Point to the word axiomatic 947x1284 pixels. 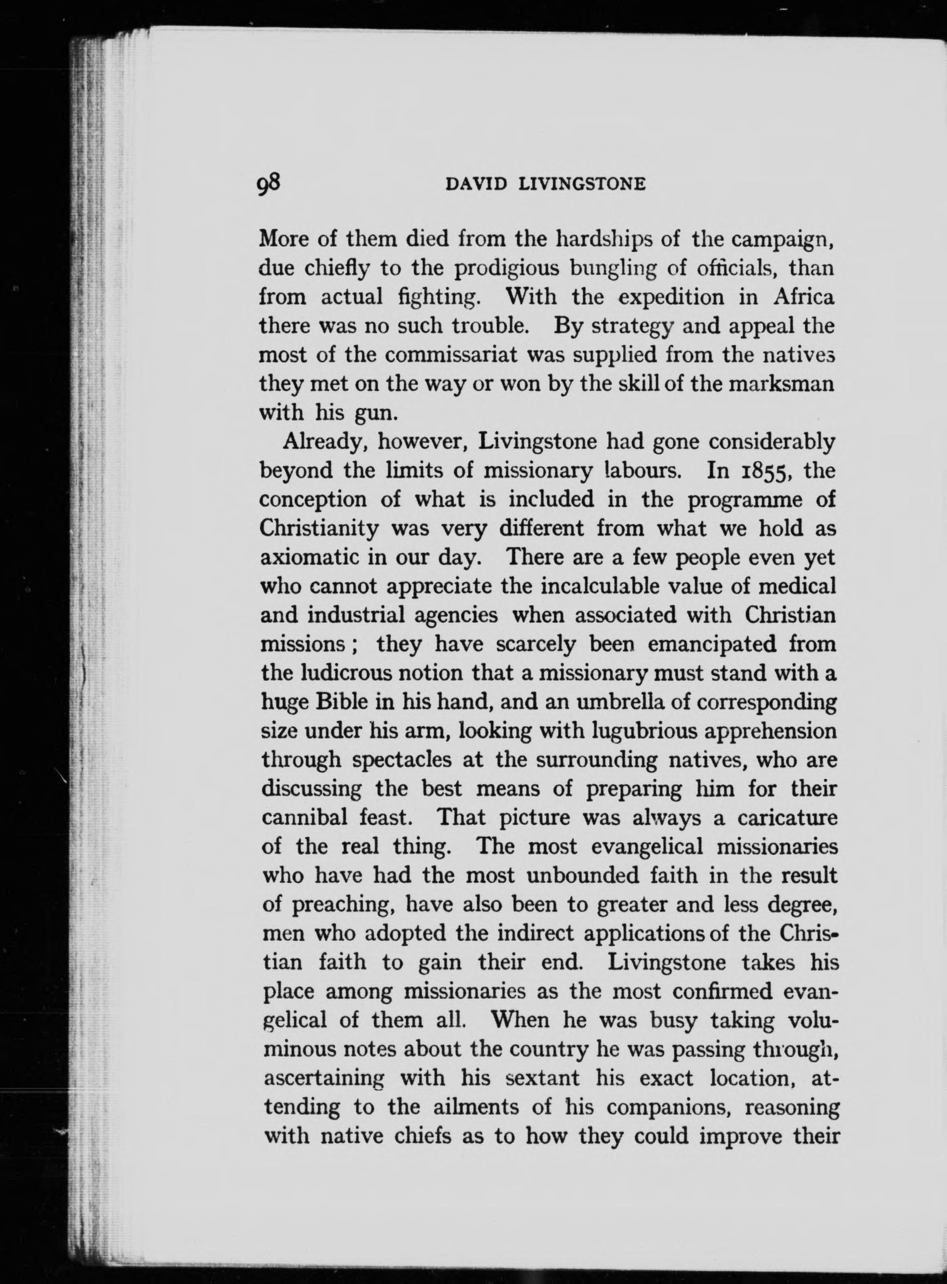point(310,557)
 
